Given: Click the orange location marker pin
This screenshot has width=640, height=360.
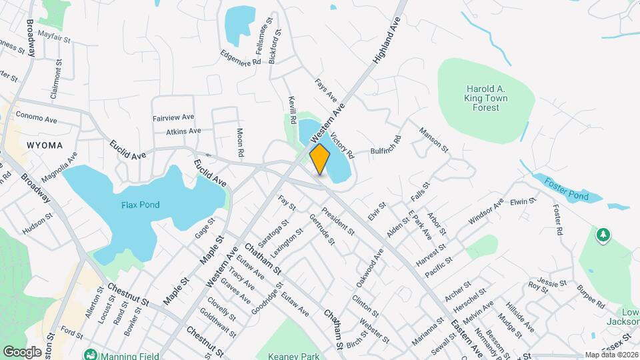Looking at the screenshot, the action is (320, 159).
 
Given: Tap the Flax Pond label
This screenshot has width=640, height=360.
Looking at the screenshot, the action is (140, 205).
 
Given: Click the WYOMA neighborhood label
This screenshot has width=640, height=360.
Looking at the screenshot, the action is (45, 145).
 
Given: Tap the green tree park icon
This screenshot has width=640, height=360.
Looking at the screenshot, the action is (603, 234).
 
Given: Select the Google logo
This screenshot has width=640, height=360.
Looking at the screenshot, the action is (22, 351).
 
